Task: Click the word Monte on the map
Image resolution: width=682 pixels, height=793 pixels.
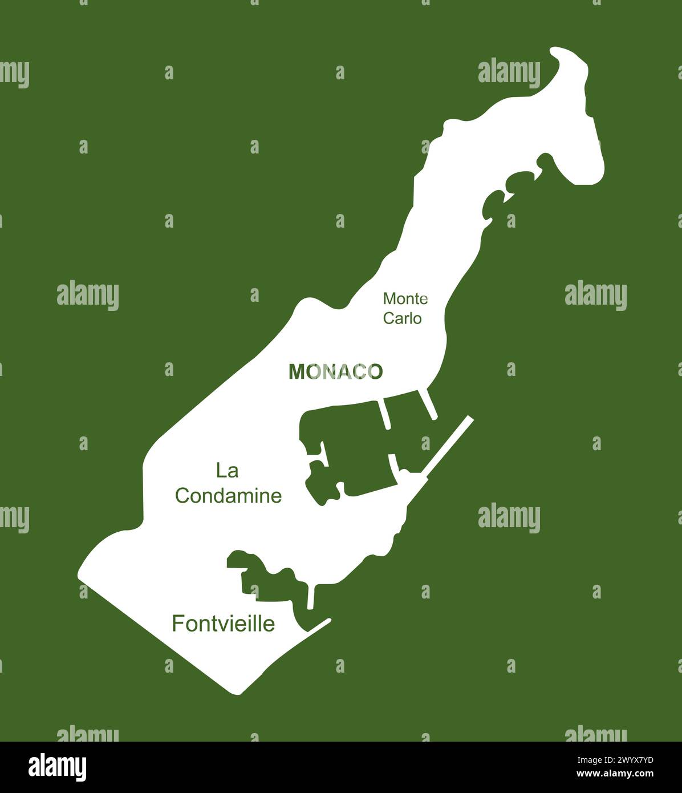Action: pos(405,298)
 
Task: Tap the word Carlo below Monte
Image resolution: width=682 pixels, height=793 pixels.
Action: pos(402,318)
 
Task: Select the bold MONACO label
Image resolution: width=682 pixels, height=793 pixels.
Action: pos(335,372)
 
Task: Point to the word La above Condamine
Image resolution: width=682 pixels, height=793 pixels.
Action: pos(227,471)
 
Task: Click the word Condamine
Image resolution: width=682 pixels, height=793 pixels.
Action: pos(228,496)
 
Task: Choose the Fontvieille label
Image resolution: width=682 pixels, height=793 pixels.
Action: pos(223,624)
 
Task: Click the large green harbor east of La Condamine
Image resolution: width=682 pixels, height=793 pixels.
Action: pos(354,451)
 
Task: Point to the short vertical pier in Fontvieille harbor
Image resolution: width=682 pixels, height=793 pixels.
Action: pos(311,596)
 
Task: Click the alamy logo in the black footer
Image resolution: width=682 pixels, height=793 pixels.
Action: pos(57,767)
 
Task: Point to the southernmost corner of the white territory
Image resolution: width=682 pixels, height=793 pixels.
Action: pos(238,692)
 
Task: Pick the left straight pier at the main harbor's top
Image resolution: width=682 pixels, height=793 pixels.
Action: pos(384,414)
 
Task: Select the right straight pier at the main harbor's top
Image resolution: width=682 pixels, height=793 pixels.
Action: pos(428,404)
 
